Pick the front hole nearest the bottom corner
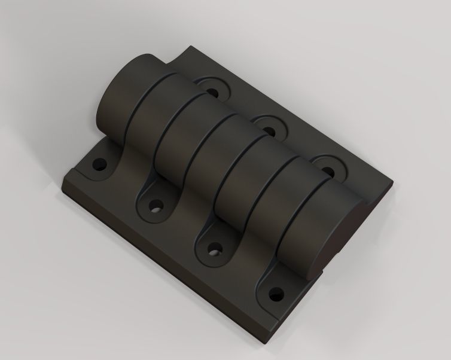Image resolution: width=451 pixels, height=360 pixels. click(276, 294)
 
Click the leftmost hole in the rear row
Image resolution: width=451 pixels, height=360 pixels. click(212, 91)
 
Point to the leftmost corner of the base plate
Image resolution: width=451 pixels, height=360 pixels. click(63, 178)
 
